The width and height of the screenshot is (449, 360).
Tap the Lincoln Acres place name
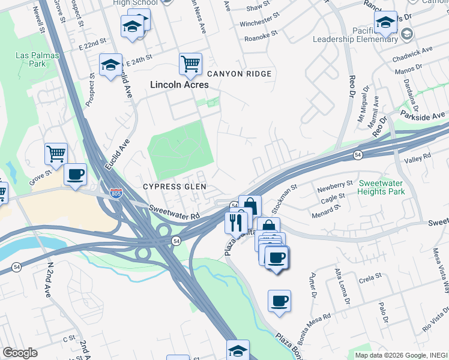click(x=179, y=85)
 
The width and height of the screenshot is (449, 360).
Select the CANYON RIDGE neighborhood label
click(x=240, y=74)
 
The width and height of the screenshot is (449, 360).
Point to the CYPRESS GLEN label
click(x=175, y=187)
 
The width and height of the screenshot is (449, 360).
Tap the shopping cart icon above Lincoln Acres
click(x=190, y=64)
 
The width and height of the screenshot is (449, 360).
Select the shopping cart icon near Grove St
click(x=56, y=154)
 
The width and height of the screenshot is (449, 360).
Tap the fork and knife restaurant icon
click(x=234, y=223)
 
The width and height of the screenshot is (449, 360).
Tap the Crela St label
click(x=370, y=277)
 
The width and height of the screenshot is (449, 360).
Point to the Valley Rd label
click(x=418, y=157)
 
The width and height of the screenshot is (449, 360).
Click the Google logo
click(x=20, y=353)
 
